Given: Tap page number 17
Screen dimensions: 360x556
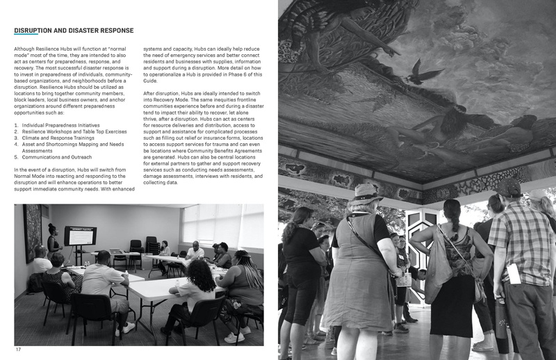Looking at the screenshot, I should [x=18, y=349].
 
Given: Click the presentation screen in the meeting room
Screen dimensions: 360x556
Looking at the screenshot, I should [x=80, y=236].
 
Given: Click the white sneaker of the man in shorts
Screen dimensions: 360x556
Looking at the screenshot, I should [x=128, y=326].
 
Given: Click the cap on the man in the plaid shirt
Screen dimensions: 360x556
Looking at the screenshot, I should [x=509, y=187].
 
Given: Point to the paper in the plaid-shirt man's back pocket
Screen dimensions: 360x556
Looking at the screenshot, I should [x=514, y=272].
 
